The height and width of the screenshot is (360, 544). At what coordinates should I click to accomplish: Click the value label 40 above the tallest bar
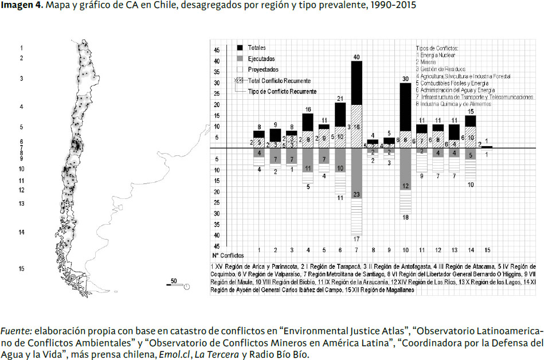coord(357,57)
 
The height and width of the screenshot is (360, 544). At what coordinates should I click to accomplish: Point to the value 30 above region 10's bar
coord(405,79)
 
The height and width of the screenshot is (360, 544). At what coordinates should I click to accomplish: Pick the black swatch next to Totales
coord(240,48)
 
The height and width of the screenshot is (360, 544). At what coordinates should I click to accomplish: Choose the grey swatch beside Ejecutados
coord(240,58)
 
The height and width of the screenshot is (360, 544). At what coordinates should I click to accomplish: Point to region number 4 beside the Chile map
coord(21,107)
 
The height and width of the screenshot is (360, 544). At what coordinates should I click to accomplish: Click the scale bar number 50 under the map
coord(173,281)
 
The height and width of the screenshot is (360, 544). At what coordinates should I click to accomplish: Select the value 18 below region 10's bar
coord(405,218)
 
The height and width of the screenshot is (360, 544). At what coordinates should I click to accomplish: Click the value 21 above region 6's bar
coord(340,99)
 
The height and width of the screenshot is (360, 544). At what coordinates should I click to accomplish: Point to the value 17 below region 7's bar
coord(357,239)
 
